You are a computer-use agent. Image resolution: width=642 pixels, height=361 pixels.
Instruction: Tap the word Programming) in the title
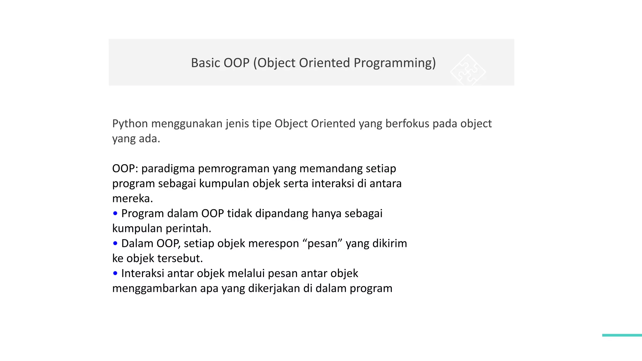pos(395,63)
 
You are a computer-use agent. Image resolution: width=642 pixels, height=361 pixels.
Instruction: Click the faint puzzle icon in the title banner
pos(468,70)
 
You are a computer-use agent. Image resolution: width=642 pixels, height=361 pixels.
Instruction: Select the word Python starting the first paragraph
pos(130,124)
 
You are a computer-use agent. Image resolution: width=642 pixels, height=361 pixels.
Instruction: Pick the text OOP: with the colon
pos(125,169)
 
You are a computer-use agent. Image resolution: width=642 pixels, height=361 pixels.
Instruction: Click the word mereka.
pos(132,198)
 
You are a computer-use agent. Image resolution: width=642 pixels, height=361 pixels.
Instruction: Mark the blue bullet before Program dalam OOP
pos(115,213)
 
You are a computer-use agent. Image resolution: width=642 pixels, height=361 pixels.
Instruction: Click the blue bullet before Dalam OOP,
pos(115,243)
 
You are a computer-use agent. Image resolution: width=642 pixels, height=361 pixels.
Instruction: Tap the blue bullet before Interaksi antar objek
pos(115,273)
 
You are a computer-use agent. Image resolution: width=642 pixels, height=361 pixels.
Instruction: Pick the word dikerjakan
pos(274,288)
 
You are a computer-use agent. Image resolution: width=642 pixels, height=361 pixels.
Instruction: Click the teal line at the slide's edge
pos(622,335)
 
